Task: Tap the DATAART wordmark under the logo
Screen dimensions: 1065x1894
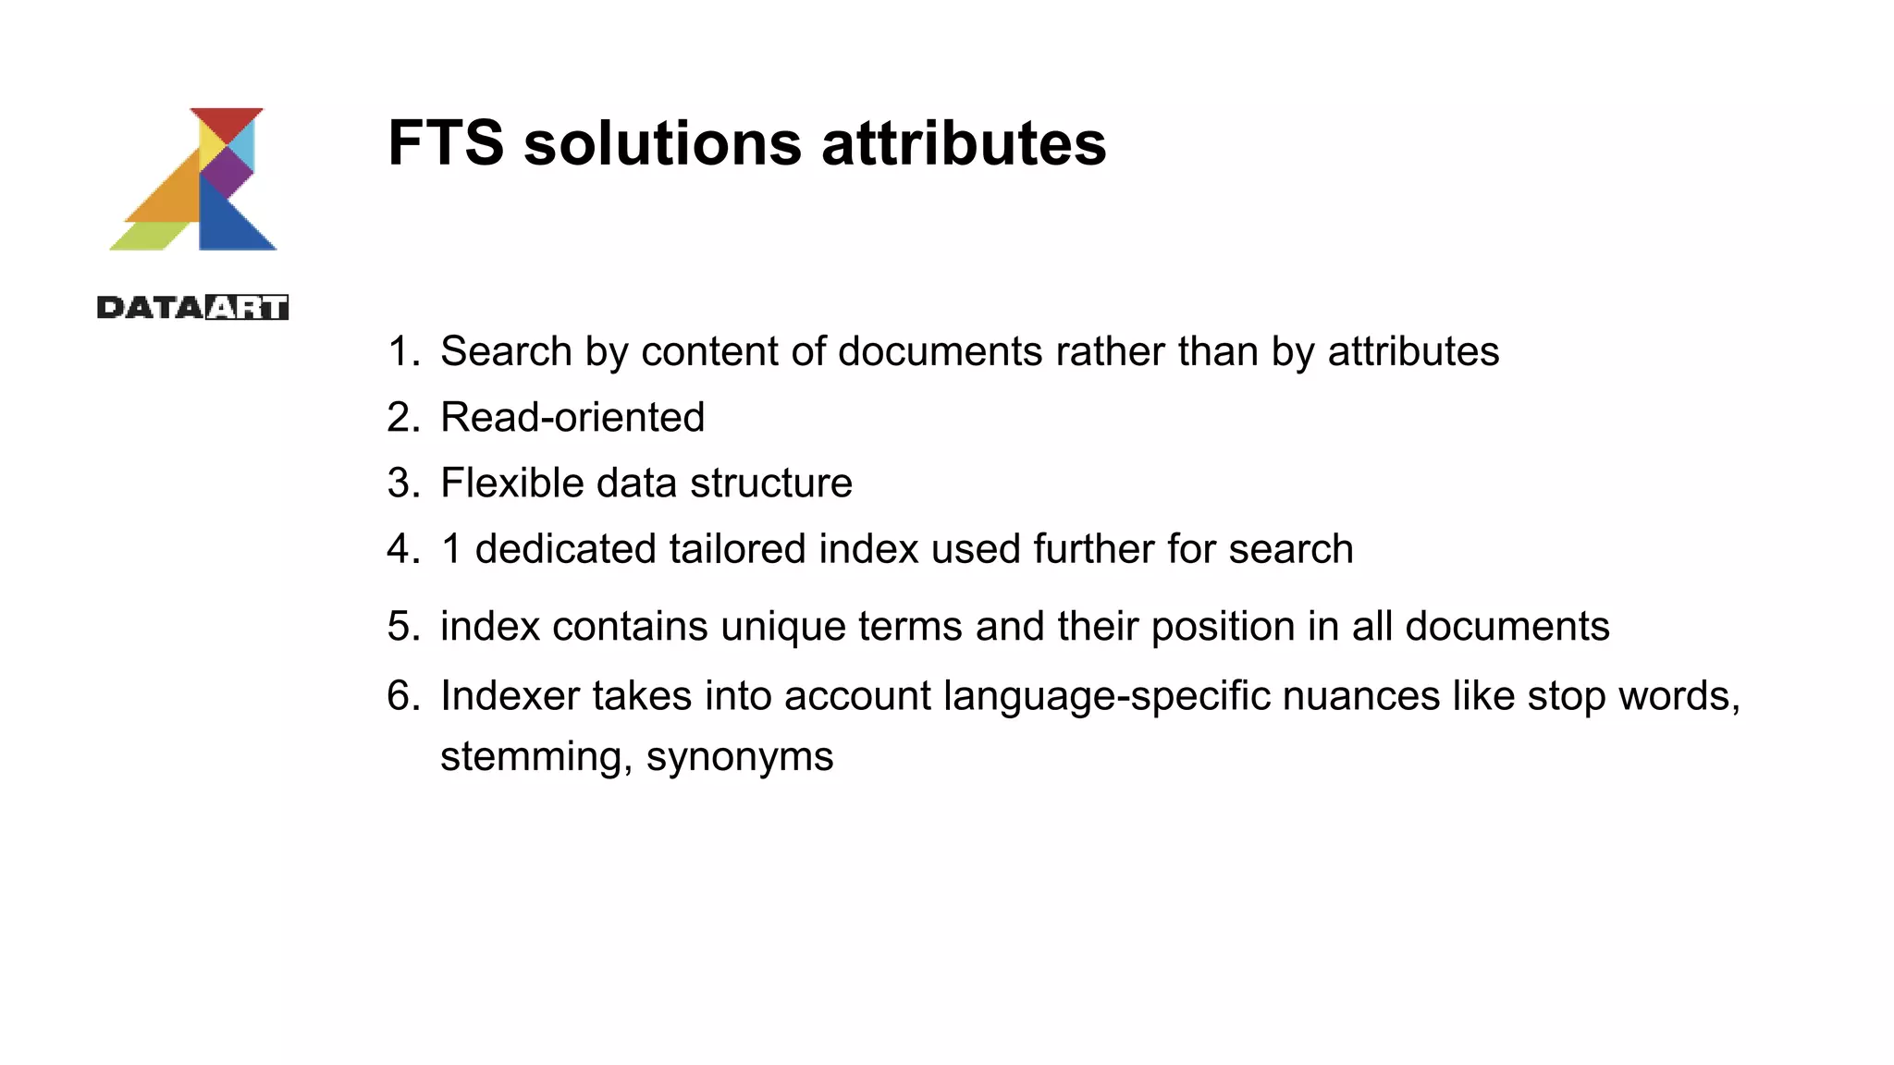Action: (192, 307)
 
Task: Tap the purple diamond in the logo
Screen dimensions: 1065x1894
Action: (227, 171)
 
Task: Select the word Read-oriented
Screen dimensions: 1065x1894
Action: (572, 418)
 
